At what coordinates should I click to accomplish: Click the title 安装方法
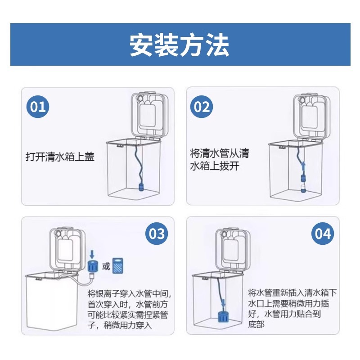(x=180, y=45)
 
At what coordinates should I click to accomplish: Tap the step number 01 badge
(x=38, y=108)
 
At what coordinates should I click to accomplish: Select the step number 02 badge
(x=202, y=108)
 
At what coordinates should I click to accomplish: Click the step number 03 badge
(x=157, y=234)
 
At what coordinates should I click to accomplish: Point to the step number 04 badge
(x=323, y=234)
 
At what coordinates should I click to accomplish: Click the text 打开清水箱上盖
(x=60, y=157)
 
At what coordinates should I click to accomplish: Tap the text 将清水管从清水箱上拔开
(x=219, y=159)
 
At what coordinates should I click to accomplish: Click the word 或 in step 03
(x=106, y=266)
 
